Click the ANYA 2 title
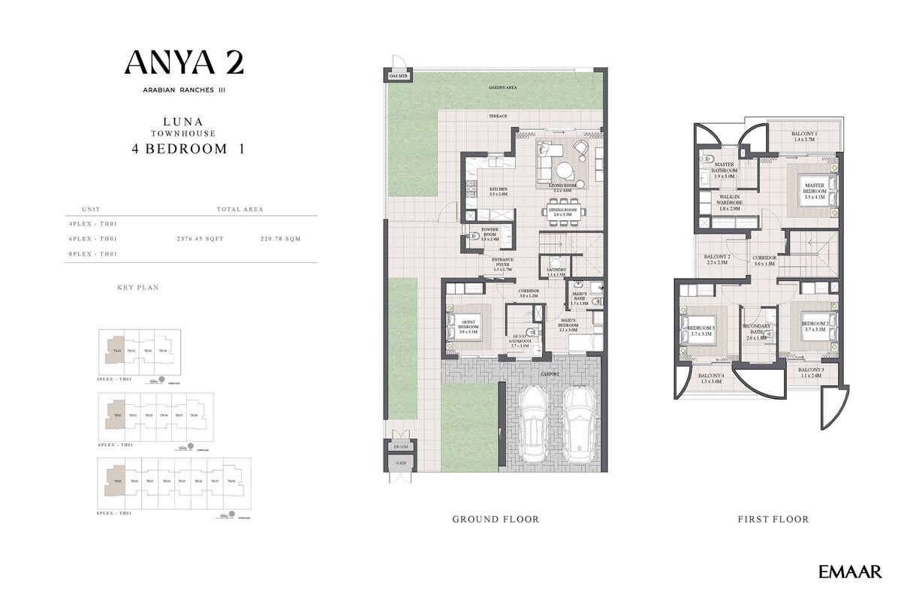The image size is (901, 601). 184,62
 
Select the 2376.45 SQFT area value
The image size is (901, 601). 200,239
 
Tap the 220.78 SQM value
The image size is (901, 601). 280,239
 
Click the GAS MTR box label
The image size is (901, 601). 397,76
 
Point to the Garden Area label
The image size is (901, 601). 502,88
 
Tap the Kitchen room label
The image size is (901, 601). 499,192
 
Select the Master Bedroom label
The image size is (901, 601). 815,188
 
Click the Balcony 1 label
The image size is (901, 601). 804,136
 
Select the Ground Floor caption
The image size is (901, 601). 496,519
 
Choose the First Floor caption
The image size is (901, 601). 773,519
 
